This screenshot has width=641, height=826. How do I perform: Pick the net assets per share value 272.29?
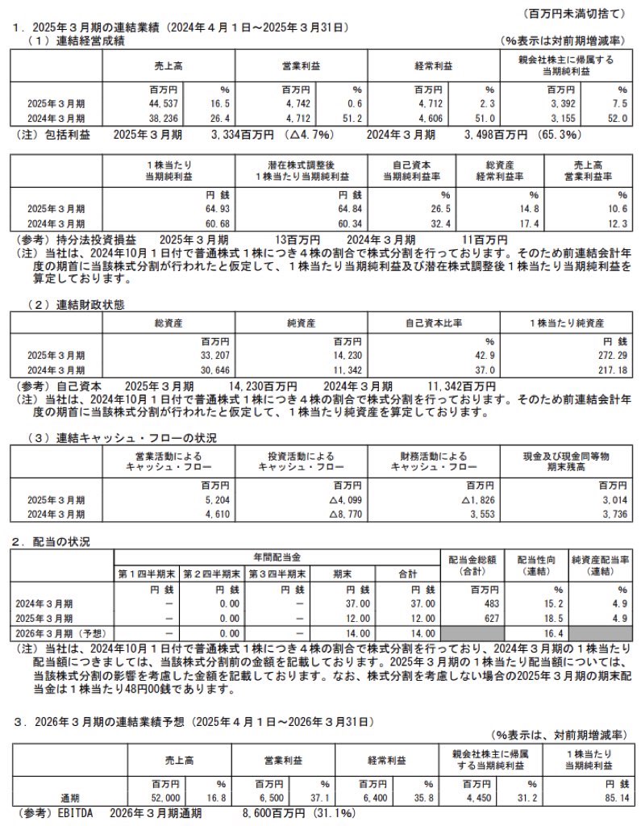click(608, 355)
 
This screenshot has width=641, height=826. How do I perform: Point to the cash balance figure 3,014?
click(611, 499)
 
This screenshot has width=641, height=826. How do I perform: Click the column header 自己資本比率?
click(438, 323)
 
